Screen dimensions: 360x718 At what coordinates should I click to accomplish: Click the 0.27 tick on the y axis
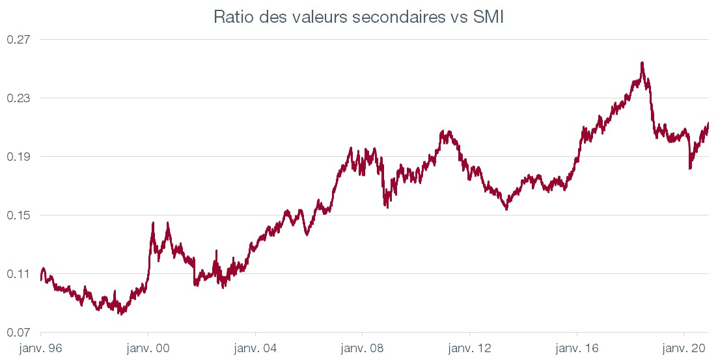coord(19,40)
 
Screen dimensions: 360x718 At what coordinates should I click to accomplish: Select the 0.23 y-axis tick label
coord(19,98)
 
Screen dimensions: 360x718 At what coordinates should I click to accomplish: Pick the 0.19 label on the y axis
coord(19,157)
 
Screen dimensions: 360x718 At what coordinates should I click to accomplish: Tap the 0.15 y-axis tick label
coord(19,215)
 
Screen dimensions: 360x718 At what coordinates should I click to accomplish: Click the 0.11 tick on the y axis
coord(19,274)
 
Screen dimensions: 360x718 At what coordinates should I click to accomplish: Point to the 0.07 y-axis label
coord(19,333)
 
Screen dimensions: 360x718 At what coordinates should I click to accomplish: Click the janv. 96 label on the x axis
coord(41,348)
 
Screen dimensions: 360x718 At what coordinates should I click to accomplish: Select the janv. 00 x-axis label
coord(148,348)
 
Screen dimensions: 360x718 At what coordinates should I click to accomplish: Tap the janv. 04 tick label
coord(256,348)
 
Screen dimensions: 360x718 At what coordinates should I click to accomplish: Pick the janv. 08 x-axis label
coord(363,348)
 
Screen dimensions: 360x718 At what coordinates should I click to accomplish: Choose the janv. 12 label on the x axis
coord(470,348)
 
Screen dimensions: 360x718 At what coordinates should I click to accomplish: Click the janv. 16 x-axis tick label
coord(577,348)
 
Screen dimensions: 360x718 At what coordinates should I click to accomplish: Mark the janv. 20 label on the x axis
coord(684,348)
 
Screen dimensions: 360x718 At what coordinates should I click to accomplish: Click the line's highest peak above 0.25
coord(642,63)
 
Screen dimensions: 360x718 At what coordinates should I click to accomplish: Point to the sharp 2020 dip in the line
coord(690,167)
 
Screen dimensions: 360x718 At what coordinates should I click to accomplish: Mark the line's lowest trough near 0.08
coord(120,313)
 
